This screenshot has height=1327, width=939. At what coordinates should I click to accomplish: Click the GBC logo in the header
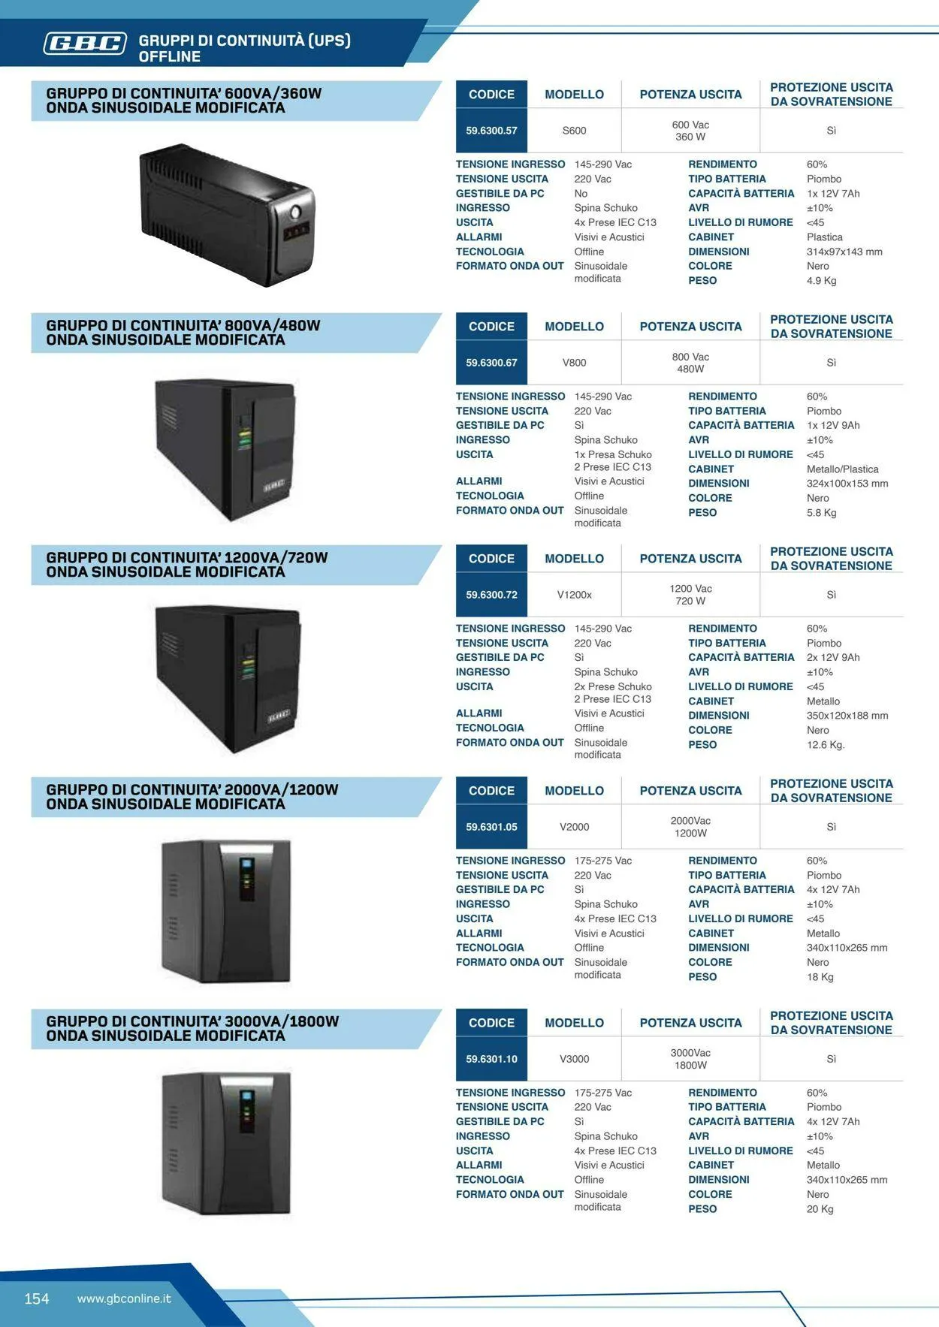(x=85, y=44)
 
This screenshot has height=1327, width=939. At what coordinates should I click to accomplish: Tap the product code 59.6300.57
(x=491, y=131)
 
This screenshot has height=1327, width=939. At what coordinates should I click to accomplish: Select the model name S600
(x=574, y=131)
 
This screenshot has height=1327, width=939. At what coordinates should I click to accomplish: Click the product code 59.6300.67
(x=491, y=363)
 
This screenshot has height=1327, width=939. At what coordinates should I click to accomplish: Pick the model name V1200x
(x=574, y=595)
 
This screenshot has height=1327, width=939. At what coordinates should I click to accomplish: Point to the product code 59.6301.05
(x=491, y=827)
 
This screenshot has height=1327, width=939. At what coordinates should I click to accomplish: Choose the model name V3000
(x=574, y=1059)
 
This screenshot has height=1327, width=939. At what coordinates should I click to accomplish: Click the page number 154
(x=37, y=1298)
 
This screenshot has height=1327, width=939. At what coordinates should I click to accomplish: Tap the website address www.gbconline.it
(x=124, y=1298)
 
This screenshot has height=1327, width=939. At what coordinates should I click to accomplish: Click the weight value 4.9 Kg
(x=821, y=281)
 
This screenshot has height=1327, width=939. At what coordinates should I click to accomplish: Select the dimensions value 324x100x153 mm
(x=847, y=484)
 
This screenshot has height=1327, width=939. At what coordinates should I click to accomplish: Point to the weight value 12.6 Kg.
(x=826, y=745)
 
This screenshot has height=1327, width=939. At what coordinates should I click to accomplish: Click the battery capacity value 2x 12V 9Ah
(x=833, y=657)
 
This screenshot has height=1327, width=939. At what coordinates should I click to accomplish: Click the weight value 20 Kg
(x=820, y=1209)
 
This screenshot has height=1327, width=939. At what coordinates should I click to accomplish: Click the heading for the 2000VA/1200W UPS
(x=192, y=797)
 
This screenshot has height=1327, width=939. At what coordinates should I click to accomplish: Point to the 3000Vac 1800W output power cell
(x=690, y=1059)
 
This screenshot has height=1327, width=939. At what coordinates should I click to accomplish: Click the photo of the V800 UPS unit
(x=225, y=449)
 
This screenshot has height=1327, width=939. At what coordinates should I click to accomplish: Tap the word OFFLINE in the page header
(x=170, y=56)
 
